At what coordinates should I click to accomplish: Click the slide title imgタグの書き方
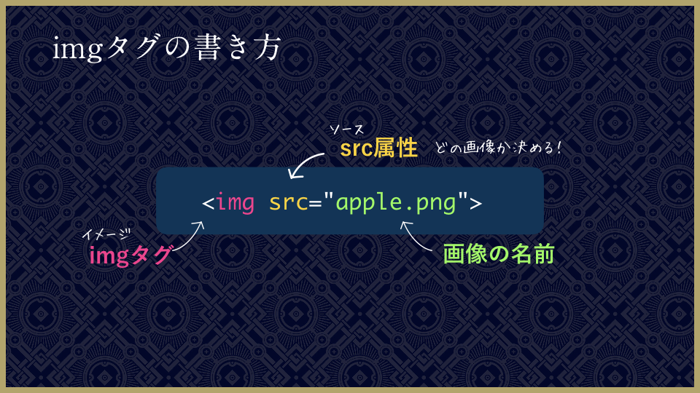(x=166, y=48)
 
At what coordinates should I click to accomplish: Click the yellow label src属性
(x=378, y=148)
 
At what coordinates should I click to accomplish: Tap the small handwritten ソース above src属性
(x=346, y=130)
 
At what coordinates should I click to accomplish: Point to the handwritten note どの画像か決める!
(x=497, y=147)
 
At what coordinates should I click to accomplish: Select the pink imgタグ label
(x=130, y=255)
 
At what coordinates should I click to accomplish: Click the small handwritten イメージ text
(x=106, y=234)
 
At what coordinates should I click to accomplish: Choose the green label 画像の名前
(x=499, y=253)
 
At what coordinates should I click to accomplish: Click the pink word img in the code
(x=236, y=203)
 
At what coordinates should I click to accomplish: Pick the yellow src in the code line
(x=289, y=203)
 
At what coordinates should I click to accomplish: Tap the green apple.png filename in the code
(x=395, y=203)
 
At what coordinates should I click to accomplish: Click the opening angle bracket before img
(x=208, y=204)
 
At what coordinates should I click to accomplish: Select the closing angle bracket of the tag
(x=476, y=204)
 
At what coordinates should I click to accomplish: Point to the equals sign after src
(x=315, y=204)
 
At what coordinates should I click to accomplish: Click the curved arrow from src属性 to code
(x=303, y=162)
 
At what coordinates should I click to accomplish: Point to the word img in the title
(x=78, y=49)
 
